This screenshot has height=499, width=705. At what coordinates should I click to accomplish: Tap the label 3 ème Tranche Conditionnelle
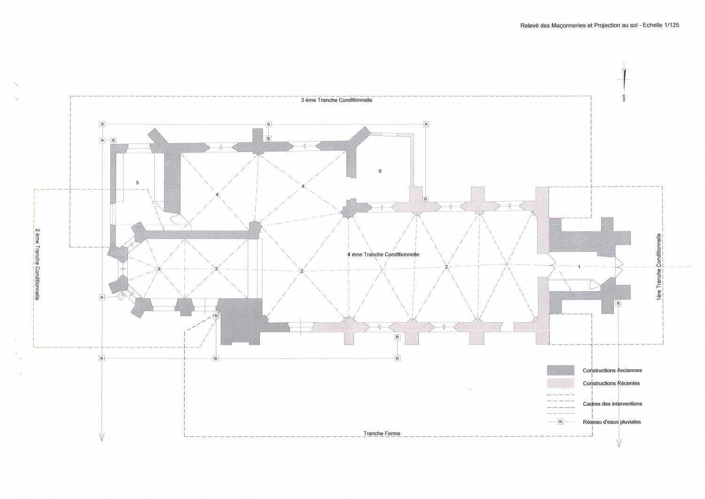[x=337, y=101]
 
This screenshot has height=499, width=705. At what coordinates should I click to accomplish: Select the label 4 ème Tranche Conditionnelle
[x=383, y=254]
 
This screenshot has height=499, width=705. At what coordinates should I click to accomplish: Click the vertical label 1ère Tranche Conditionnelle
[x=660, y=267]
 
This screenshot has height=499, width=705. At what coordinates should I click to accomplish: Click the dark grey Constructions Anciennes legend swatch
[x=561, y=370]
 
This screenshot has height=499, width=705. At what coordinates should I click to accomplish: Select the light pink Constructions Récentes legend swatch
[x=561, y=383]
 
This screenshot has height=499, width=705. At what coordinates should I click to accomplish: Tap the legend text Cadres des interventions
[x=612, y=404]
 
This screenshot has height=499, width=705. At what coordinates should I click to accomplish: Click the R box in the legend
[x=560, y=422]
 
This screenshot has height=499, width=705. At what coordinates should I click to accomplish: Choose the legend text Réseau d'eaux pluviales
[x=611, y=422]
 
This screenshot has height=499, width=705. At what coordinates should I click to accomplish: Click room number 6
[x=380, y=171]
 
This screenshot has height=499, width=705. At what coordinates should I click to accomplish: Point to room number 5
[x=137, y=182]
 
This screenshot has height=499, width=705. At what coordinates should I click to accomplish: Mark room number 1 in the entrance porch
[x=579, y=267]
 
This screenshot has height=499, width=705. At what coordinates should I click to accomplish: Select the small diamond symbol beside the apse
[x=121, y=296]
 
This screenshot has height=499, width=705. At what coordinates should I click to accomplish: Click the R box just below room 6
[x=425, y=199]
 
